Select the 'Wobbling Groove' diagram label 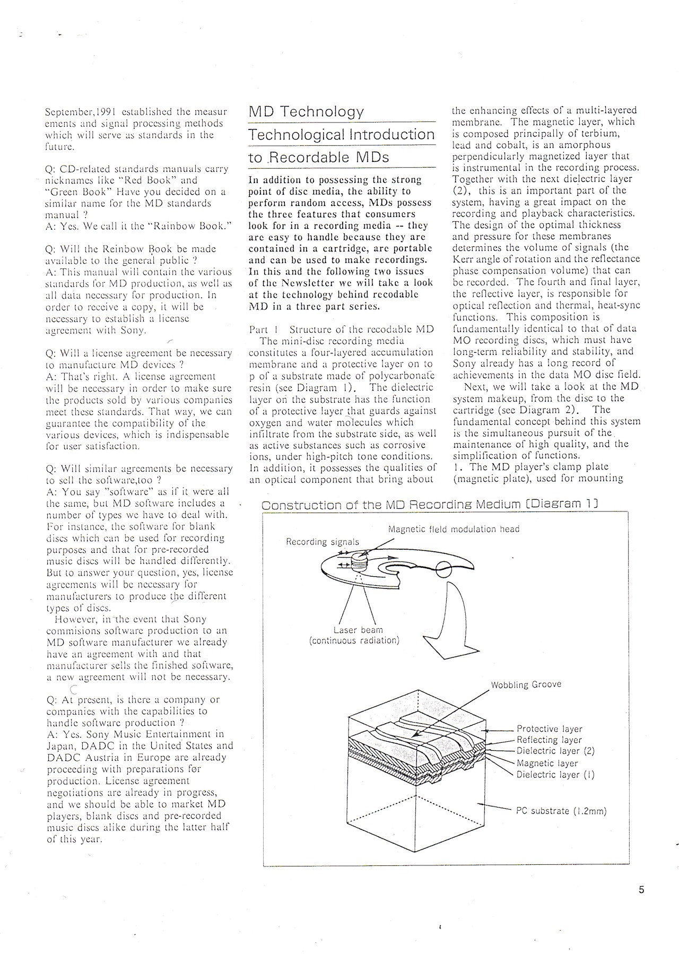(x=526, y=684)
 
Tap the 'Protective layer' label (x=549, y=729)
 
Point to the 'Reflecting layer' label (x=549, y=740)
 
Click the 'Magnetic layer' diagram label (x=547, y=763)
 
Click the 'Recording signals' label (x=323, y=542)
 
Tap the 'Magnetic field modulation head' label (x=454, y=529)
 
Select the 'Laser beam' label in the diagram (x=358, y=630)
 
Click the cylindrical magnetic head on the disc (x=360, y=560)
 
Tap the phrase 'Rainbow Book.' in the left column (x=197, y=226)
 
